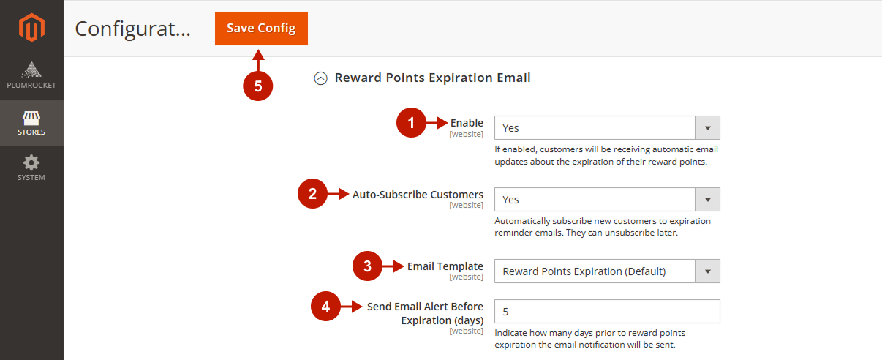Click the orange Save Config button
(261, 29)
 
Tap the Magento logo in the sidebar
(31, 27)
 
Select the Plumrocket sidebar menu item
(31, 75)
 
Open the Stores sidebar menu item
(31, 123)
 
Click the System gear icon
(31, 162)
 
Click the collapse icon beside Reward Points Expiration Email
(320, 78)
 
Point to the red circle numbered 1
(411, 122)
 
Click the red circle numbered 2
(312, 193)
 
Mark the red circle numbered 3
(367, 266)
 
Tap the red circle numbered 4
(325, 306)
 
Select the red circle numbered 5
(258, 86)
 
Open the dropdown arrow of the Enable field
(707, 127)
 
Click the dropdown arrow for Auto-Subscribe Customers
(707, 199)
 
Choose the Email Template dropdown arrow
(707, 271)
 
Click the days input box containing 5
(607, 311)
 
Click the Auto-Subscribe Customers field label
(418, 195)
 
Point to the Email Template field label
(445, 266)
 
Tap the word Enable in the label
(467, 123)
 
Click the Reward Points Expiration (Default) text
(584, 271)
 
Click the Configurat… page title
(132, 29)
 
